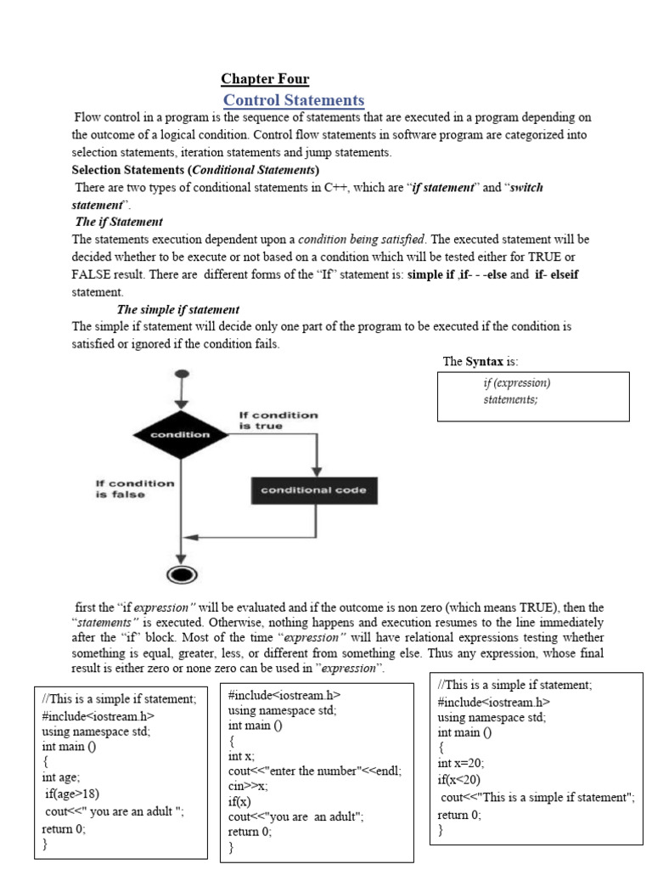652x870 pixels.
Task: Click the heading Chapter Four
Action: click(265, 79)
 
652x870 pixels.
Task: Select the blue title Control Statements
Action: click(294, 100)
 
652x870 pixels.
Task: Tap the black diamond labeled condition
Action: click(180, 434)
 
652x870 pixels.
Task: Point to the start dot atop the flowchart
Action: click(181, 374)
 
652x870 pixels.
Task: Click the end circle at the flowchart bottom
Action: click(180, 575)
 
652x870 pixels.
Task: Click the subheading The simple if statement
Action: click(178, 309)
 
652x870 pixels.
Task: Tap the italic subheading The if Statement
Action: click(119, 222)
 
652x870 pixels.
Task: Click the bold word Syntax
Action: click(484, 361)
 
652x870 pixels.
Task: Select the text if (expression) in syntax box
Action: click(517, 382)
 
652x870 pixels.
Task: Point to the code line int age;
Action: click(61, 777)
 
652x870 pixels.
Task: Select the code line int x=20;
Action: click(461, 762)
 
